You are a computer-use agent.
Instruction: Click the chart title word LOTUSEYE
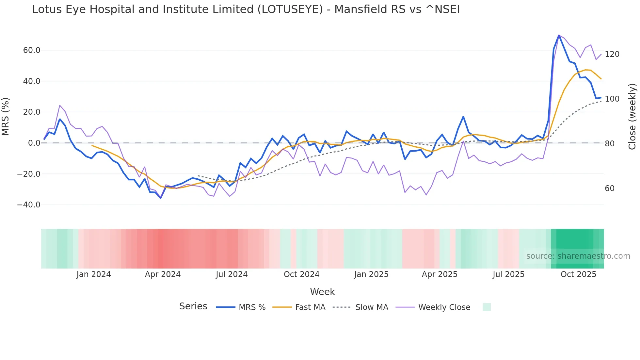pyautogui.click(x=290, y=9)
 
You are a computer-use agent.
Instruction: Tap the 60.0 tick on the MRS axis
pyautogui.click(x=32, y=50)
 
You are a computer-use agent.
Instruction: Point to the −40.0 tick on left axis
pyautogui.click(x=29, y=205)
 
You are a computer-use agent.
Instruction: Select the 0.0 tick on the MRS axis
pyautogui.click(x=34, y=143)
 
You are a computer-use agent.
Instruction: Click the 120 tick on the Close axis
pyautogui.click(x=612, y=54)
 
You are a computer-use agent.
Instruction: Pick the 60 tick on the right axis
pyautogui.click(x=609, y=188)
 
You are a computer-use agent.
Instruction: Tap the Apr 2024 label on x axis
pyautogui.click(x=163, y=274)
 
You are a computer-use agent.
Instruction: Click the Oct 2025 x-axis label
pyautogui.click(x=578, y=274)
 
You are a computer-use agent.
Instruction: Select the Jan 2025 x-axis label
pyautogui.click(x=371, y=274)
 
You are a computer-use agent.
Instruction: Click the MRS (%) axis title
pyautogui.click(x=6, y=116)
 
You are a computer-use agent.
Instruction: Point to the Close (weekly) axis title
pyautogui.click(x=632, y=116)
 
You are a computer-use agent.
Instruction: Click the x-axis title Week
pyautogui.click(x=322, y=292)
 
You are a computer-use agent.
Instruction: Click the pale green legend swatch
pyautogui.click(x=487, y=307)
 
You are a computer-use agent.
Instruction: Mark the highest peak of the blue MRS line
pyautogui.click(x=559, y=35)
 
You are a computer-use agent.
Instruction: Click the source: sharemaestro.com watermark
pyautogui.click(x=578, y=256)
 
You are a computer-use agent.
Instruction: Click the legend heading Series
pyautogui.click(x=193, y=306)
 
